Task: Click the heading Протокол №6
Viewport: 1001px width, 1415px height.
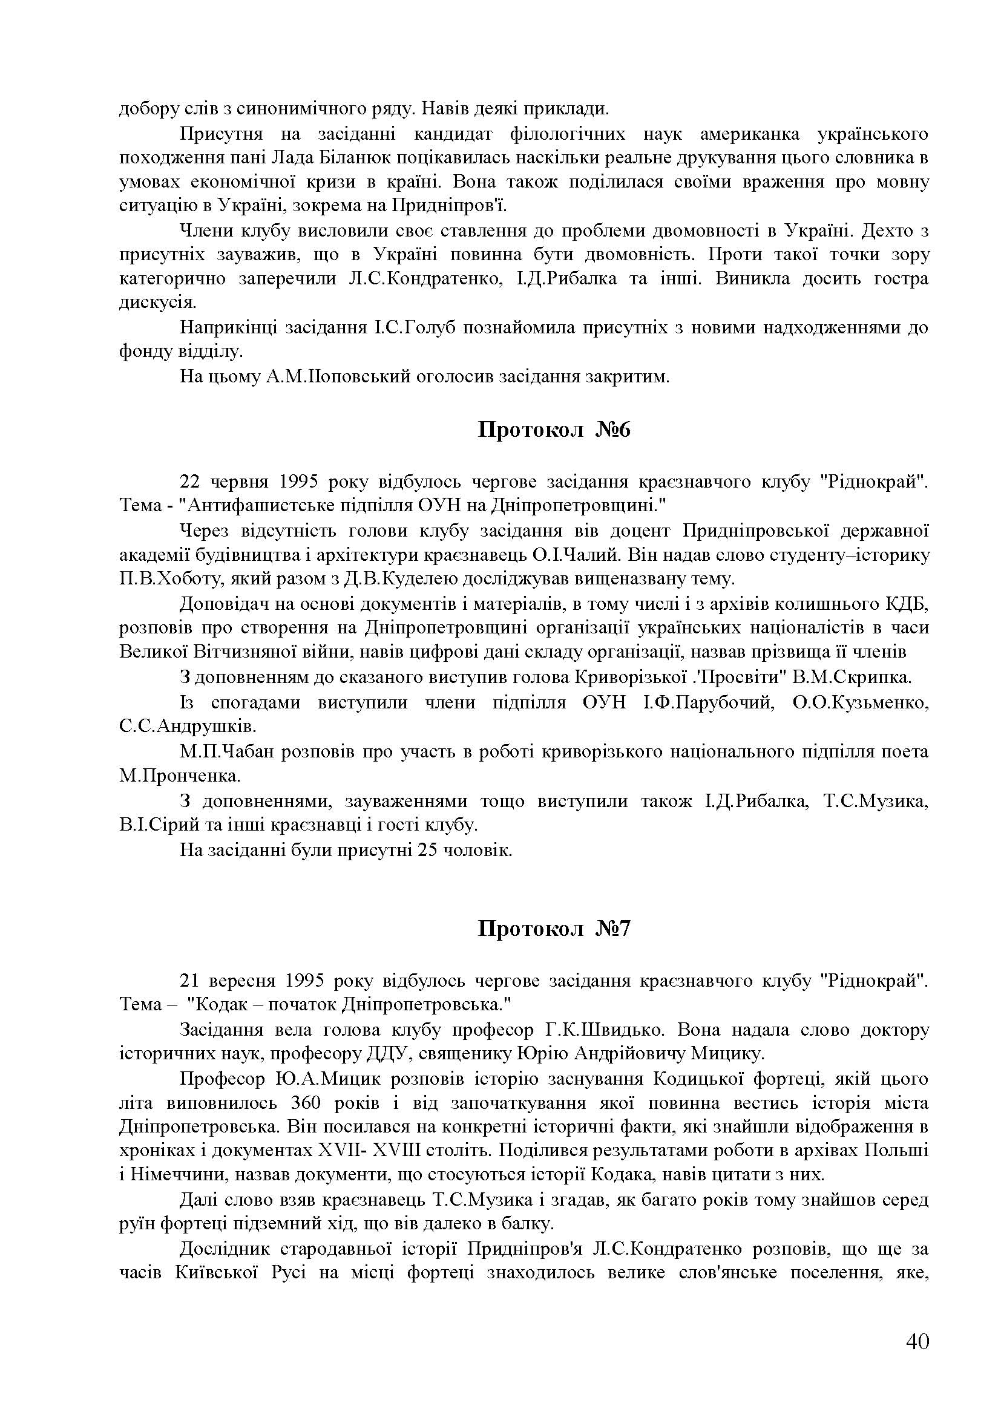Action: coord(554,430)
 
